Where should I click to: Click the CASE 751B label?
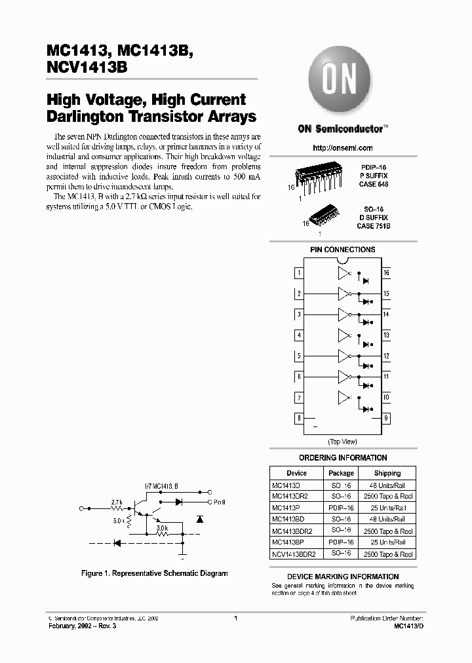pyautogui.click(x=374, y=225)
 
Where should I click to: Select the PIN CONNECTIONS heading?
pyautogui.click(x=342, y=250)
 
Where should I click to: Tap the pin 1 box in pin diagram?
pyautogui.click(x=299, y=273)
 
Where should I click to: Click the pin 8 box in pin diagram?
pyautogui.click(x=299, y=419)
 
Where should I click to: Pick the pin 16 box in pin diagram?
pyautogui.click(x=386, y=273)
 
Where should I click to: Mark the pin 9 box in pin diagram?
pyautogui.click(x=386, y=419)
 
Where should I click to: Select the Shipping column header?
pyautogui.click(x=387, y=473)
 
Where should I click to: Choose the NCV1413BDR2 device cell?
pyautogui.click(x=294, y=554)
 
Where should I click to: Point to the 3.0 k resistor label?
pyautogui.click(x=162, y=526)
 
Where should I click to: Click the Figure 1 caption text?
pyautogui.click(x=154, y=573)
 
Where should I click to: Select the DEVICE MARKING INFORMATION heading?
pyautogui.click(x=342, y=577)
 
